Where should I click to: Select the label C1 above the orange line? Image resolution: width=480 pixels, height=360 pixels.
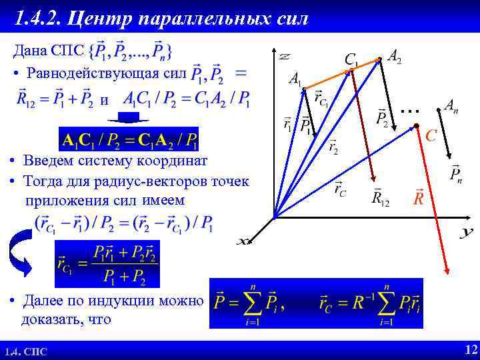pyautogui.click(x=351, y=60)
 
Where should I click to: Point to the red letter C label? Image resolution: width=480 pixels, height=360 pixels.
pyautogui.click(x=431, y=136)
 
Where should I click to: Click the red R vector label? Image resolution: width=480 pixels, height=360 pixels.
pyautogui.click(x=419, y=198)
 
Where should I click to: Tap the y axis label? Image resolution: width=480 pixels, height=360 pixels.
pyautogui.click(x=466, y=232)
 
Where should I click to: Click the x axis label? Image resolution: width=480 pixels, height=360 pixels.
pyautogui.click(x=244, y=241)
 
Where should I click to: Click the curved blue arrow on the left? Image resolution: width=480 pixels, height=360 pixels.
pyautogui.click(x=20, y=254)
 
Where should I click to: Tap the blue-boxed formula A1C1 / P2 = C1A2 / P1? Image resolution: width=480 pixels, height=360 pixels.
pyautogui.click(x=129, y=139)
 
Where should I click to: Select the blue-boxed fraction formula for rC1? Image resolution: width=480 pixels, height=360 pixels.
pyautogui.click(x=107, y=264)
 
